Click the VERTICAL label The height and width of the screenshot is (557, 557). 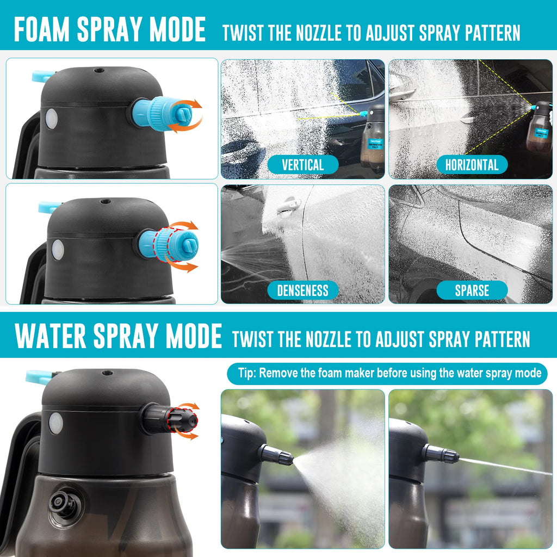pos(302,165)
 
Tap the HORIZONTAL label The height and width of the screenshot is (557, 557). pos(472,165)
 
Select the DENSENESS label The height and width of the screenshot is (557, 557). pos(302,290)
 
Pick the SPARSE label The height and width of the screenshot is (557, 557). pos(472,290)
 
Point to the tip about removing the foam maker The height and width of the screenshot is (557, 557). pos(387,373)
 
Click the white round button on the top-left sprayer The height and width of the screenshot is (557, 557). pos(51,119)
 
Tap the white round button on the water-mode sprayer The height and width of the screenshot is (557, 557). pos(55,423)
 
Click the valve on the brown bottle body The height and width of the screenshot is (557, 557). pos(63,504)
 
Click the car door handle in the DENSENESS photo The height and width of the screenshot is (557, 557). pos(288,206)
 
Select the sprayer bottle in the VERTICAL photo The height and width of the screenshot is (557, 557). pos(373,138)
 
